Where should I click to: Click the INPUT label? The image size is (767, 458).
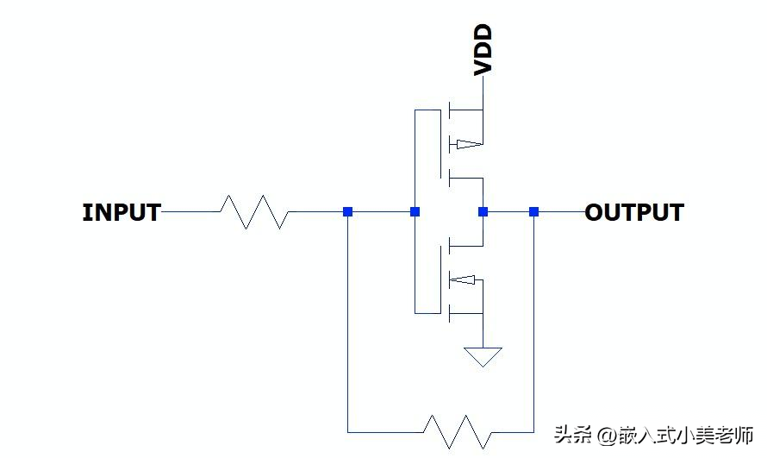coord(122,212)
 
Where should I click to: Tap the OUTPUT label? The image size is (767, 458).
coord(634,212)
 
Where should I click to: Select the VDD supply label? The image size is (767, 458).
coord(483,50)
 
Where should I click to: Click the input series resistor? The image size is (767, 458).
coord(254,212)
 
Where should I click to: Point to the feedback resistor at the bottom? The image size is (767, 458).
coord(458,432)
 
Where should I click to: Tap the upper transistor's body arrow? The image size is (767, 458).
coord(469,144)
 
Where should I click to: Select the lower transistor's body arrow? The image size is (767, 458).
coord(462,279)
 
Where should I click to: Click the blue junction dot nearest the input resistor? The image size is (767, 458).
coord(348,212)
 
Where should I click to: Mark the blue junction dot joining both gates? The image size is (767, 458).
coord(415,212)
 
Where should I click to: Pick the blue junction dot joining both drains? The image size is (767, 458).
coord(483,212)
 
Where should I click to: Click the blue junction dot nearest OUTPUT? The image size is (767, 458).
coord(533,212)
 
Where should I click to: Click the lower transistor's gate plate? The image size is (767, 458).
coord(440,279)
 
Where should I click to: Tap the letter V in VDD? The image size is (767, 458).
coord(483,67)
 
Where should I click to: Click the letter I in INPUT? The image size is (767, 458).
coord(86,212)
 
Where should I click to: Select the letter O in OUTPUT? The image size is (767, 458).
coord(594,212)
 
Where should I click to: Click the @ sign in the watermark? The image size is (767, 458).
coord(607,436)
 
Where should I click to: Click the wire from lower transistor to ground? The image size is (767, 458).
coord(483,330)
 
